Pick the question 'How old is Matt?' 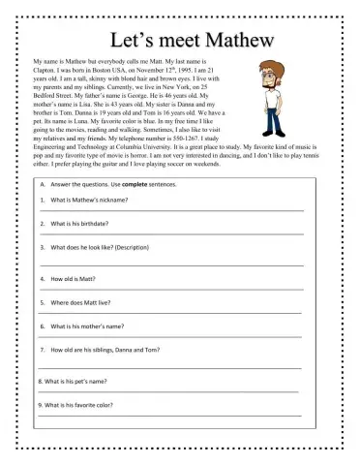75,278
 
